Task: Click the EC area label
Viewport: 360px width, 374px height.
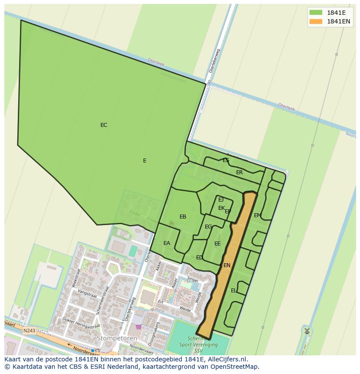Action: [103, 125]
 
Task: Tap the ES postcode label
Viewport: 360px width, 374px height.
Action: [226, 160]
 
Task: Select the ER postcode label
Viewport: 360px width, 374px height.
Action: [239, 172]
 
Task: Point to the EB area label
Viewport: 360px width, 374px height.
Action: [183, 217]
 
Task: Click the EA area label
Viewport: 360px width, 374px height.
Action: [167, 243]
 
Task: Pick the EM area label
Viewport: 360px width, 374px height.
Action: [257, 215]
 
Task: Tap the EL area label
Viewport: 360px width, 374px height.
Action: [234, 291]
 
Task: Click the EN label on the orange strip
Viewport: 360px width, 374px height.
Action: [227, 265]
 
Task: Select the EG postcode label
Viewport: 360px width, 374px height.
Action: [208, 227]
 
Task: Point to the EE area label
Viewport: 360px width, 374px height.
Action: [217, 244]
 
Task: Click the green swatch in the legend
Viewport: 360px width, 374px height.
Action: [316, 12]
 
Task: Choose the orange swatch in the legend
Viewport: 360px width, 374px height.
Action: [316, 21]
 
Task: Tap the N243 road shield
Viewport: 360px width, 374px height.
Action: [29, 331]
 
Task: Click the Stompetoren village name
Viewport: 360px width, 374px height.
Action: [117, 338]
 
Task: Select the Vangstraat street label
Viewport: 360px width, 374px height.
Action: [87, 294]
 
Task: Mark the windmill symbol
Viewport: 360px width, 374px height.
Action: [307, 331]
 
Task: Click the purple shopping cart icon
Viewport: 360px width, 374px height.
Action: [139, 327]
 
